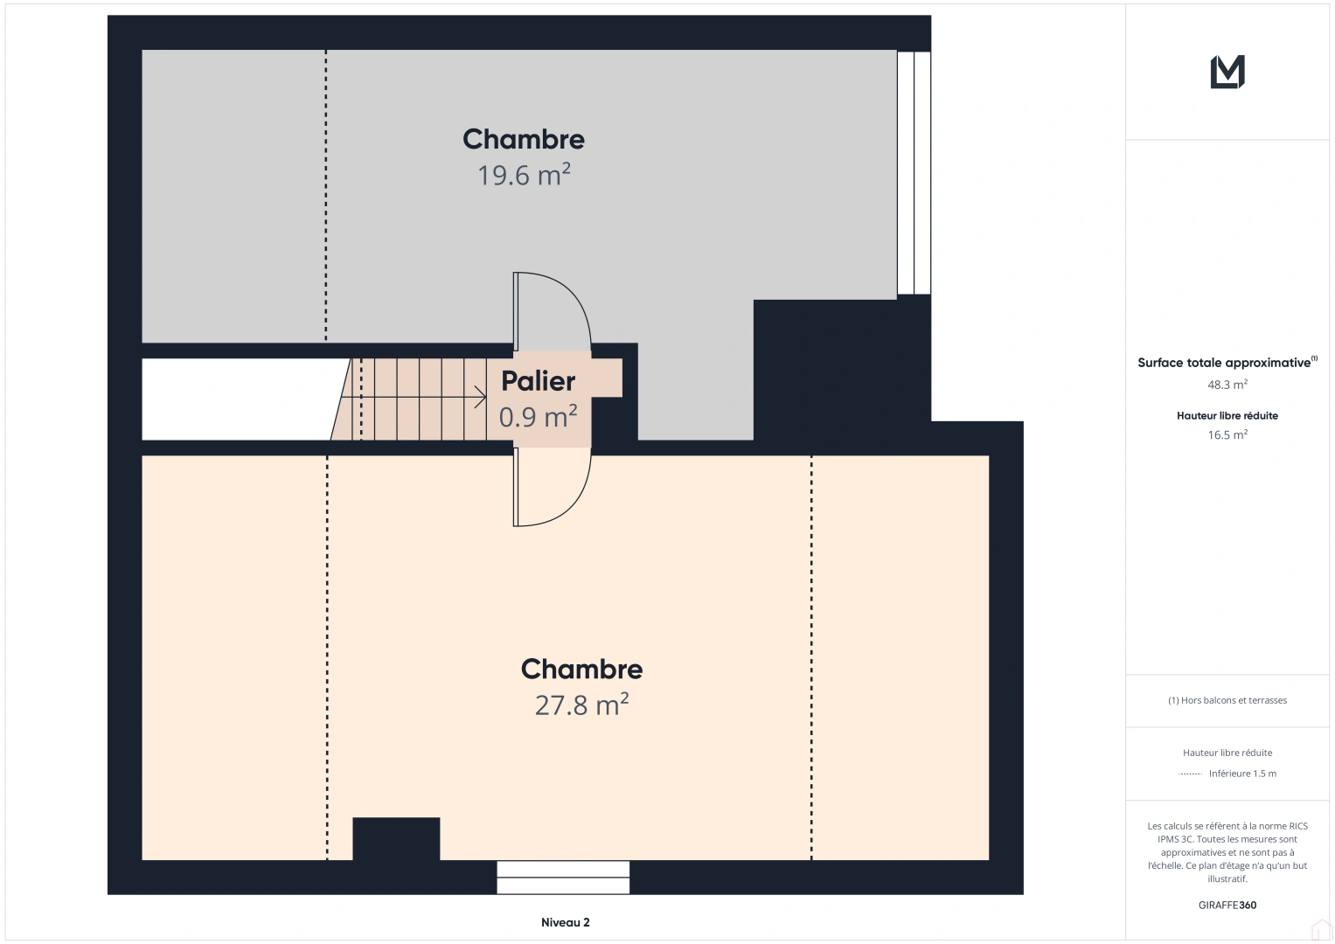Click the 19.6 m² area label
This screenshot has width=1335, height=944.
click(524, 175)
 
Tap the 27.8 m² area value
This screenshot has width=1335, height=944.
click(581, 705)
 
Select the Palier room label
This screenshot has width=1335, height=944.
click(539, 381)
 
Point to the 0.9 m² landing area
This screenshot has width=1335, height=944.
click(539, 417)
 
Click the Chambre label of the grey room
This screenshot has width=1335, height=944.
click(524, 140)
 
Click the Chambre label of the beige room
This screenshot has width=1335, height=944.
click(581, 670)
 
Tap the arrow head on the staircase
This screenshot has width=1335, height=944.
click(480, 397)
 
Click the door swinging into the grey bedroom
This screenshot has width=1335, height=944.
click(552, 312)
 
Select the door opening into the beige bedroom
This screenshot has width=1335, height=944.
click(552, 488)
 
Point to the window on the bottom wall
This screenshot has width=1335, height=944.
click(563, 878)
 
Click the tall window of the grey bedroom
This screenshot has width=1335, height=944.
click(914, 173)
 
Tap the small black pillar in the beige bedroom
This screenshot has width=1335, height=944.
click(396, 838)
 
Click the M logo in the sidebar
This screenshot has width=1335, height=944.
click(1227, 72)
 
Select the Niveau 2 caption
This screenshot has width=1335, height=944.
click(566, 922)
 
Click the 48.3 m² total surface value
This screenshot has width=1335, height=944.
click(1227, 385)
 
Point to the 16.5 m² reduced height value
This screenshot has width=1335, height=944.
click(1227, 434)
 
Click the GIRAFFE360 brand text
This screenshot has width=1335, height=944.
click(1227, 906)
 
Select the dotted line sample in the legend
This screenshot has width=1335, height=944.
click(1190, 774)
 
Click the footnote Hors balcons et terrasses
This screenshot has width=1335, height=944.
click(1227, 700)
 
